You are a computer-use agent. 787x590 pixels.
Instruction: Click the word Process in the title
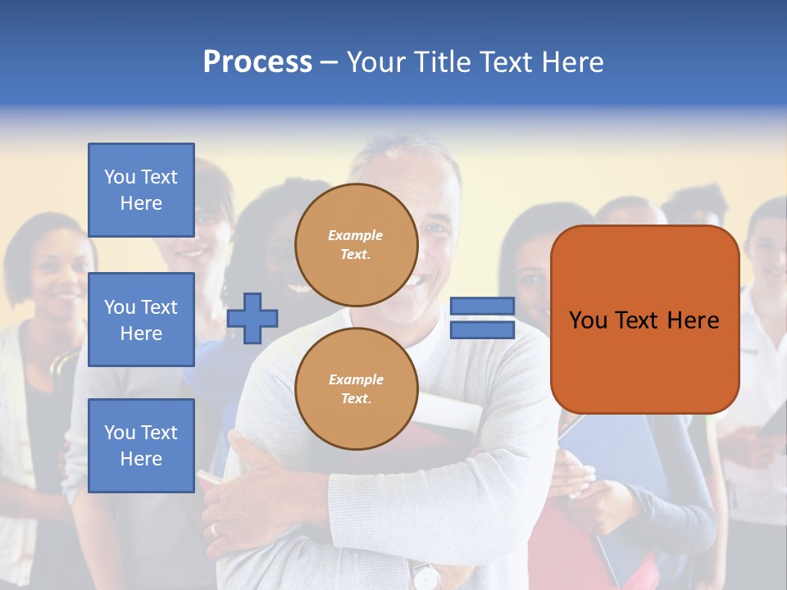tap(257, 62)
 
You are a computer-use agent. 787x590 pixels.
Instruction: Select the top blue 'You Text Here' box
tap(141, 190)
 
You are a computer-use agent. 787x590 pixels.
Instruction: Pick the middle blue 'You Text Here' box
tap(141, 320)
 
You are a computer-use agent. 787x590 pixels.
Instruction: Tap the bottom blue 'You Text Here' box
tap(141, 445)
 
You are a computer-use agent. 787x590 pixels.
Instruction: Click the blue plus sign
tap(252, 317)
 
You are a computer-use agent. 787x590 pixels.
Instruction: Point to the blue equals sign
tap(482, 318)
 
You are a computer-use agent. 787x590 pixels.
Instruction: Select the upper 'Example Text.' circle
tap(356, 244)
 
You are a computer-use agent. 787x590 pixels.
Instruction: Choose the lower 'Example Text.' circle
tap(356, 388)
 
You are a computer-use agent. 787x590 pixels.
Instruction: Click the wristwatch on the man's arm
tap(425, 575)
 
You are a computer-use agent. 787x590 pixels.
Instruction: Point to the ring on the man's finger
tap(216, 529)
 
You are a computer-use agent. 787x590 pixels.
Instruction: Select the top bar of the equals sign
tap(482, 306)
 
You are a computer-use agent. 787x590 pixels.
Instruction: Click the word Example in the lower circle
tap(356, 379)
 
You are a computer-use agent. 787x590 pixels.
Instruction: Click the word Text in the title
tap(503, 62)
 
